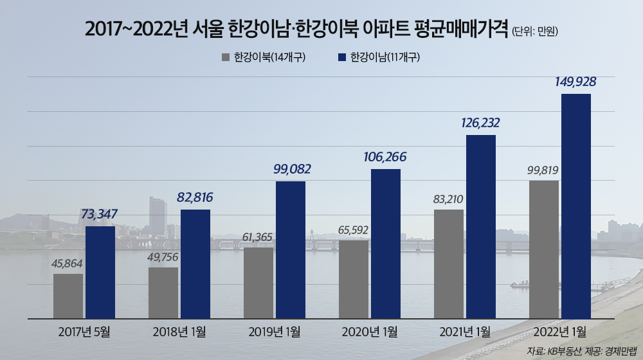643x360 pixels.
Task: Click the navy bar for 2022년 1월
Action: (x=575, y=206)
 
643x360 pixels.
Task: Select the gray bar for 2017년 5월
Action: (x=68, y=296)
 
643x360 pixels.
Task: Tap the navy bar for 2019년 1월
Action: (x=291, y=249)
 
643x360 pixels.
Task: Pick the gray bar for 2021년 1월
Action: (x=449, y=264)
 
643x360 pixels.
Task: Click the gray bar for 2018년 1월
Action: (x=163, y=292)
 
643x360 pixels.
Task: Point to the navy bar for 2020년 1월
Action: (x=386, y=244)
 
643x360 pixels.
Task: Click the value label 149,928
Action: (x=575, y=82)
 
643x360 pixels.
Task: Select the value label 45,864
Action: (x=68, y=263)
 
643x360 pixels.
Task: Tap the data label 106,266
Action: (x=385, y=157)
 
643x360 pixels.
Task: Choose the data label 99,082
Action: (x=290, y=169)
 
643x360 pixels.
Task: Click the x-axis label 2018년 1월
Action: (x=179, y=332)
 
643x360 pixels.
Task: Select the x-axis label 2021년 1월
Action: (x=465, y=332)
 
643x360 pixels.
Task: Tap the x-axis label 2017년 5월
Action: (x=84, y=332)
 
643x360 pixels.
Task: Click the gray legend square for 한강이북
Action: (x=226, y=57)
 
